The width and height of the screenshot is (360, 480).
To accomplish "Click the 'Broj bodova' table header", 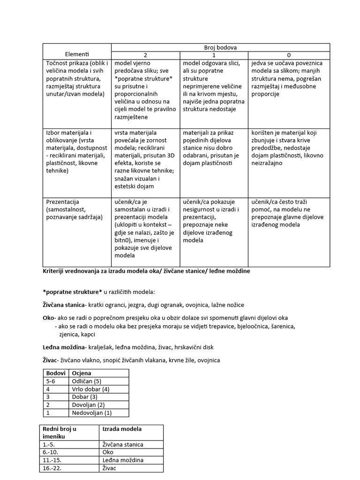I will click(220, 47).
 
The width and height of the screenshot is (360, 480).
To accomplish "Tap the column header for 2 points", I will click(145, 55).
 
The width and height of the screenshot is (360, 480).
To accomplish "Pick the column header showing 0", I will click(289, 55).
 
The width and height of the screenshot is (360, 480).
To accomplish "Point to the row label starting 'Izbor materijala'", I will click(76, 151).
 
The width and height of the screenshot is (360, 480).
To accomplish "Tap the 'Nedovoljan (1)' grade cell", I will click(92, 413).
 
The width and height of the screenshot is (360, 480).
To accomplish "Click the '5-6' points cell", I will click(51, 381).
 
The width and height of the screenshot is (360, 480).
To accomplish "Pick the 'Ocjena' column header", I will click(82, 373).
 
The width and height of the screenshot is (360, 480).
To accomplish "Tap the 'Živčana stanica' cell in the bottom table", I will click(123, 444).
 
